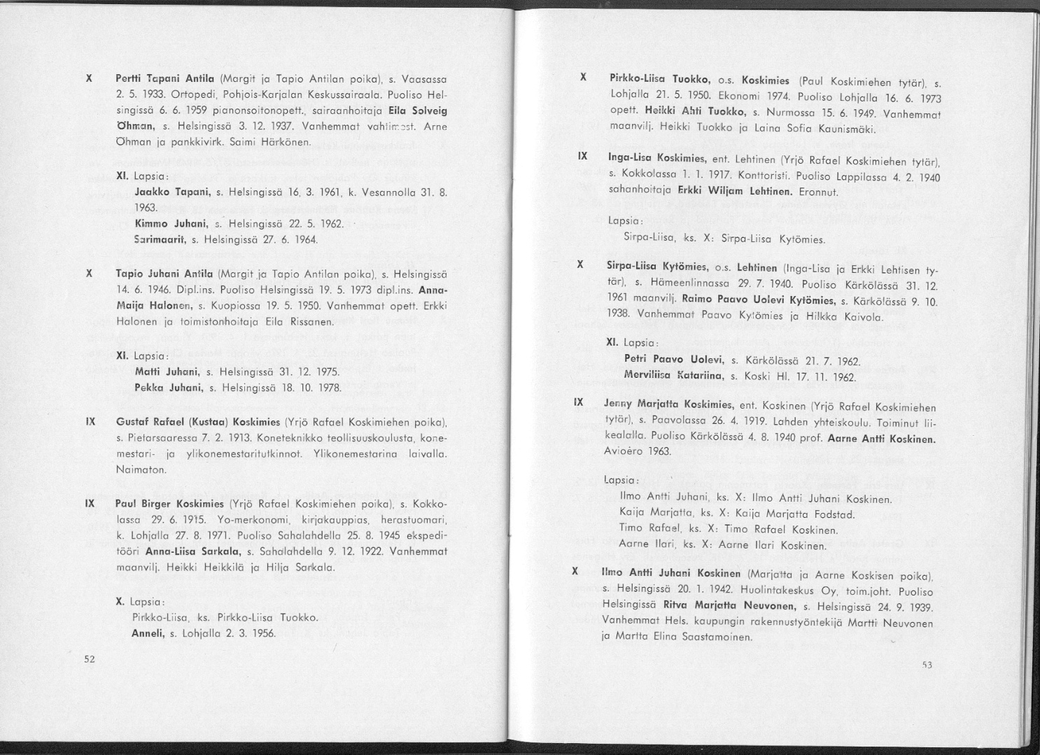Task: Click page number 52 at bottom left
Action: point(89,658)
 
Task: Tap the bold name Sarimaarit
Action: point(157,240)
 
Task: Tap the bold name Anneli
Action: point(147,634)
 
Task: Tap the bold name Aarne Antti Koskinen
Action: point(881,439)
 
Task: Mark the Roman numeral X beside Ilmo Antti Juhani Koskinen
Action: point(575,572)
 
